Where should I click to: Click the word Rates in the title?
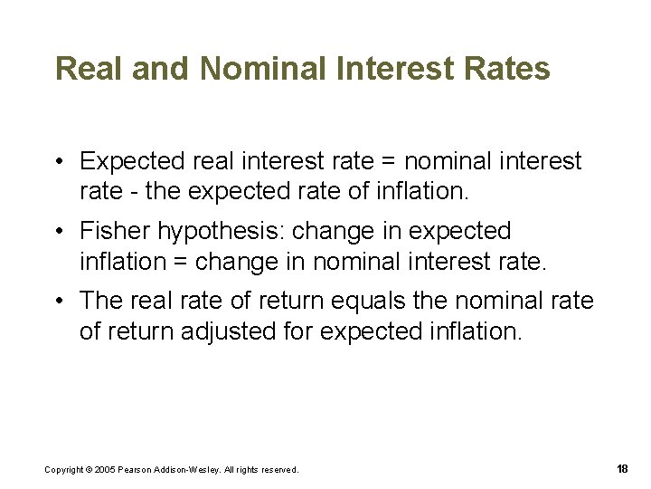[509, 70]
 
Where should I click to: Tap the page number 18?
[621, 468]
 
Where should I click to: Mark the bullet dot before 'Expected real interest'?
[57, 162]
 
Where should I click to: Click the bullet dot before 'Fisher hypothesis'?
[57, 232]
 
